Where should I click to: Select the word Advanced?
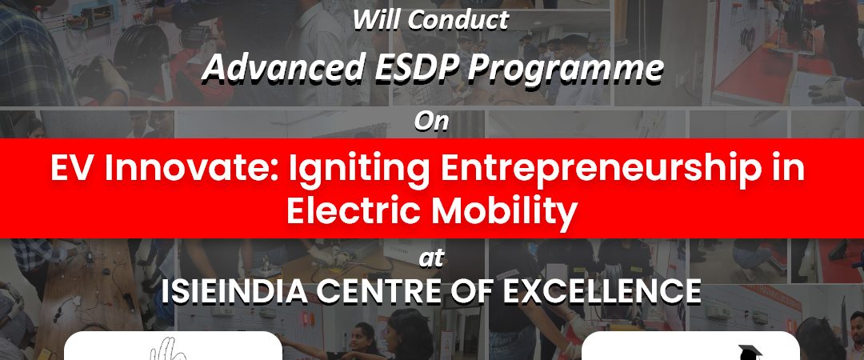coord(283,68)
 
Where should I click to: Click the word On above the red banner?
coord(431,122)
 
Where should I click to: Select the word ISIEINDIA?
coord(234,292)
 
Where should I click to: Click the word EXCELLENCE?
coord(602,292)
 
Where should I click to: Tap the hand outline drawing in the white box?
coord(166,351)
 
